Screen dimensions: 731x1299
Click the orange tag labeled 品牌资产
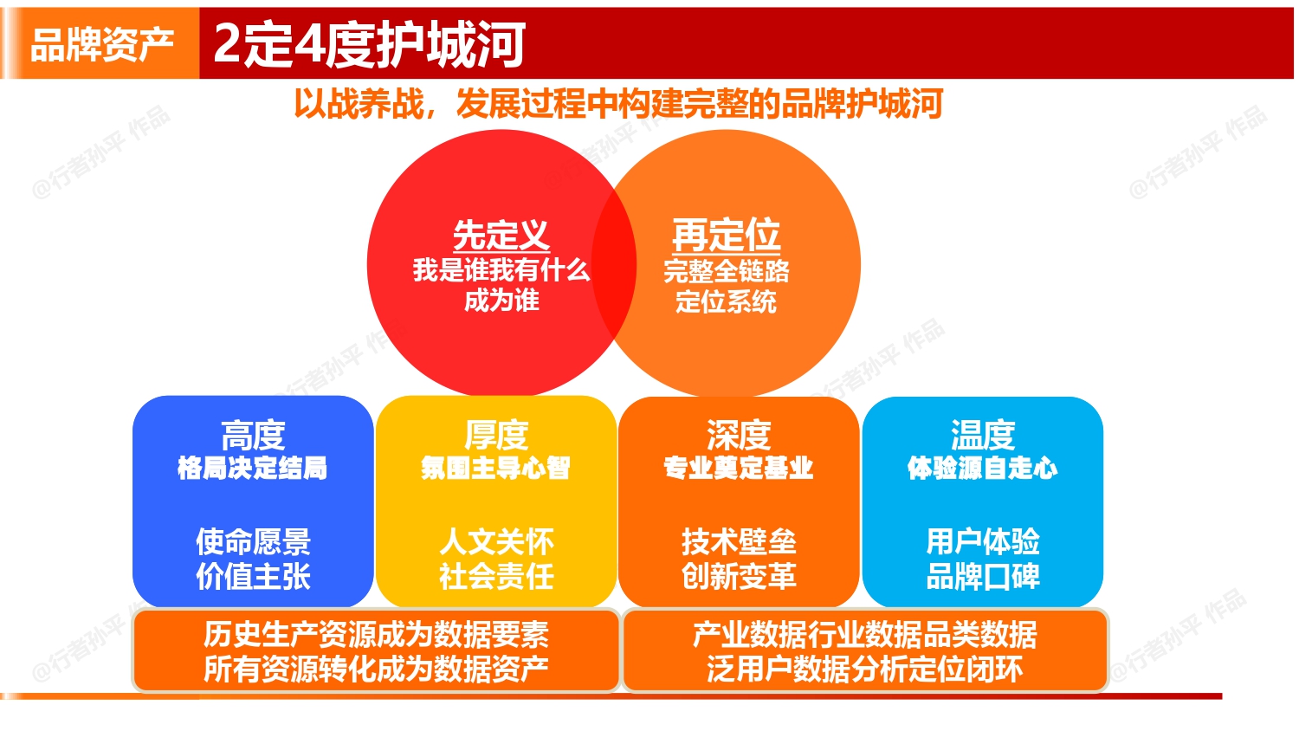[x=101, y=44]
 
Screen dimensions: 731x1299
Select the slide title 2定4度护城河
[x=369, y=44]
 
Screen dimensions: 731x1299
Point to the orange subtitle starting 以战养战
[x=617, y=104]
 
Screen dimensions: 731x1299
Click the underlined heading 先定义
[x=501, y=235]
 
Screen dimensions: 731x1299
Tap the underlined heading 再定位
[x=726, y=235]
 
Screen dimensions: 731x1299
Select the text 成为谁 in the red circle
[x=501, y=301]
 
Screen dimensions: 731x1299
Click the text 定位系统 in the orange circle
[x=726, y=301]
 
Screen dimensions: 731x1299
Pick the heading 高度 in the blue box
[x=253, y=435]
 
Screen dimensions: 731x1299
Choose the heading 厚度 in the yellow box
[x=496, y=435]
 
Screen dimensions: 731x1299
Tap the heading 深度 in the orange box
[x=739, y=435]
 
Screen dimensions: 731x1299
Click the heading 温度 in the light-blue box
[x=982, y=435]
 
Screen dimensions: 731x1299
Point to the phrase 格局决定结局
[x=253, y=468]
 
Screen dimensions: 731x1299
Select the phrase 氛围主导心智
[x=496, y=468]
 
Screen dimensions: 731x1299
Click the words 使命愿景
[x=253, y=542]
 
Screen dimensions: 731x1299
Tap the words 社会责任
[x=496, y=576]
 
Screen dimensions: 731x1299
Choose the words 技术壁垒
[x=739, y=542]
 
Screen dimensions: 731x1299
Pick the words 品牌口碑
[x=982, y=576]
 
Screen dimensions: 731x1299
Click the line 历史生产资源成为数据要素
[x=376, y=635]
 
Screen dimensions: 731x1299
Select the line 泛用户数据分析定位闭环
[x=864, y=669]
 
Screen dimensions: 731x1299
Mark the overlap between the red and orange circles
[x=614, y=263]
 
